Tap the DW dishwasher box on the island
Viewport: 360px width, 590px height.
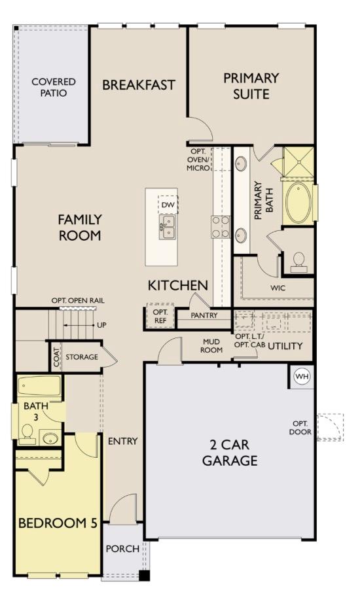[x=168, y=205]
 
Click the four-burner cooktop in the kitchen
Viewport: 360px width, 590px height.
[x=220, y=226]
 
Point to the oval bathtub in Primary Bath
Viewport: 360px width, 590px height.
[x=299, y=203]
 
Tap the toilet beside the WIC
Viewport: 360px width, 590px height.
[x=298, y=260]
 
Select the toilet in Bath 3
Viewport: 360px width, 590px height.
[x=28, y=432]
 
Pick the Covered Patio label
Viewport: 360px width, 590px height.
[x=54, y=87]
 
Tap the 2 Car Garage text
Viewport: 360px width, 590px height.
[x=229, y=453]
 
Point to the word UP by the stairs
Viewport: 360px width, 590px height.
[x=101, y=324]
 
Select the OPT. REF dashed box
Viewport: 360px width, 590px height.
[x=160, y=317]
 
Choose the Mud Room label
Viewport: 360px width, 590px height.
[x=211, y=345]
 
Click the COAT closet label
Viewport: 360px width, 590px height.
[x=56, y=357]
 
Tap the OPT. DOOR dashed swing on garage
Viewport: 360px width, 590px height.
[x=329, y=427]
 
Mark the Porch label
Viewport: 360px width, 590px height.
[x=122, y=548]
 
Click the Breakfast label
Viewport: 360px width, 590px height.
[x=138, y=84]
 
